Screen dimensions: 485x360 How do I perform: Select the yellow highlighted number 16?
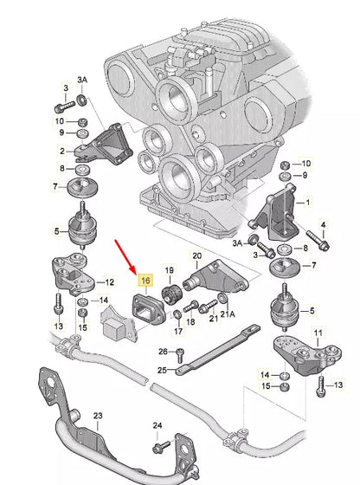pyautogui.click(x=145, y=281)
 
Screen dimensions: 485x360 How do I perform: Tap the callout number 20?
pyautogui.click(x=197, y=255)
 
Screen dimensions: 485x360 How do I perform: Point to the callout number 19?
pyautogui.click(x=170, y=272)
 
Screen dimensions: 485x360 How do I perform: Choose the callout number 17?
pyautogui.click(x=177, y=330)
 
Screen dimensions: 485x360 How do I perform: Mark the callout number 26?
pyautogui.click(x=162, y=352)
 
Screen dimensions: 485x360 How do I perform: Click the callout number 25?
pyautogui.click(x=162, y=370)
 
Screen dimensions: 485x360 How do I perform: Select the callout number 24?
pyautogui.click(x=157, y=425)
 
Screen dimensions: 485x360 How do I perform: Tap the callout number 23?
pyautogui.click(x=98, y=417)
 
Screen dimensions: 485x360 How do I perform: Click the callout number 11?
pyautogui.click(x=317, y=333)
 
